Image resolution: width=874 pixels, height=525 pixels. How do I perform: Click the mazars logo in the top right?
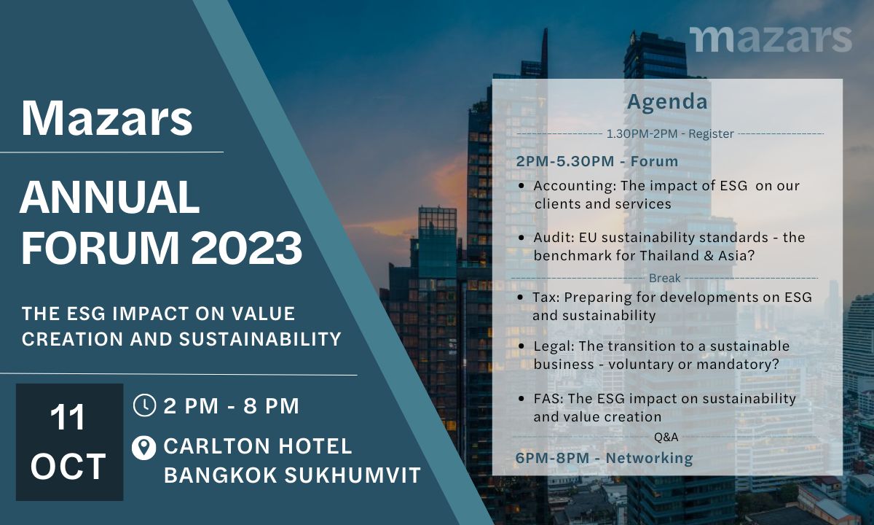coord(771,39)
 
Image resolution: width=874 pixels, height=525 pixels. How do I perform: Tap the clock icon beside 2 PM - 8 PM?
coord(144,405)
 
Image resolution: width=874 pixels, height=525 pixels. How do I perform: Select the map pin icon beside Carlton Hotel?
coord(144,448)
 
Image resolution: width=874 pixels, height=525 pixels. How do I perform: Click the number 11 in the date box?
coord(68,418)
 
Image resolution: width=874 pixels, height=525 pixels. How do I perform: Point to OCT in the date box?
coord(68,467)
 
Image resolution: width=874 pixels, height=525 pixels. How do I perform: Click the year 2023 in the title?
coord(247,249)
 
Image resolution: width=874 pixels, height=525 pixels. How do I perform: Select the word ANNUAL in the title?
coord(110,198)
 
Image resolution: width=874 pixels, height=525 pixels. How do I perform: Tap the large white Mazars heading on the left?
coord(107,118)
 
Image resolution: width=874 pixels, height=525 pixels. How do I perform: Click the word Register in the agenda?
coord(711,134)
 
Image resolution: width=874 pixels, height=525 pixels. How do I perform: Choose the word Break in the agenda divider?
coord(664,278)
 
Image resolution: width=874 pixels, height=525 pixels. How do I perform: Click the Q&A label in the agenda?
coord(666,437)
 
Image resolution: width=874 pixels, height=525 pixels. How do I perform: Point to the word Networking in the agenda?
coord(649,458)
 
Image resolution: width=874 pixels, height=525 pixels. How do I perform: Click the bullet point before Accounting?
coord(521,187)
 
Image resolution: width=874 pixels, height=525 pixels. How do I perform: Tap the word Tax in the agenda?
coord(546,297)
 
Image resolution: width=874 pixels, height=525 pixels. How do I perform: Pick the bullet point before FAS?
coord(521,400)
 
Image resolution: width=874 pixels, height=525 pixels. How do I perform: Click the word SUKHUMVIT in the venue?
coord(353,475)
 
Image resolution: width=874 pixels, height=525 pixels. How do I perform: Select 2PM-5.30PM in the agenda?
coord(565,161)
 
